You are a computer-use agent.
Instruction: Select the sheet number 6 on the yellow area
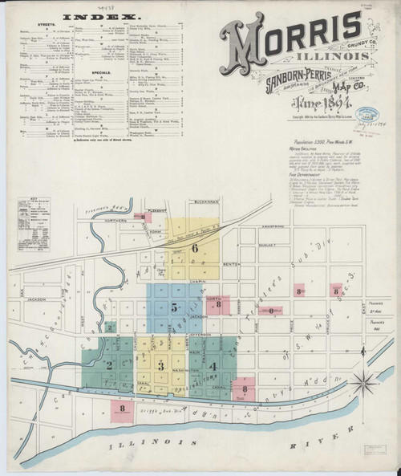(195, 247)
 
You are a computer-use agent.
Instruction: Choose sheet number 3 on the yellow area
(161, 366)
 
